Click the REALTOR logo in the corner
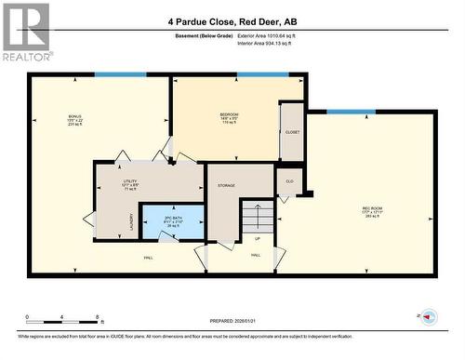pyautogui.click(x=25, y=32)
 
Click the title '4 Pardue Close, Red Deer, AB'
pyautogui.click(x=232, y=20)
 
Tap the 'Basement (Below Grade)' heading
pyautogui.click(x=204, y=35)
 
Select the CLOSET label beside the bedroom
pyautogui.click(x=292, y=132)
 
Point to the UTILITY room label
pyautogui.click(x=130, y=183)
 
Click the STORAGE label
pyautogui.click(x=226, y=186)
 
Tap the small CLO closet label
pyautogui.click(x=289, y=180)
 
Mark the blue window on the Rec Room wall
pyautogui.click(x=351, y=112)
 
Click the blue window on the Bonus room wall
pyautogui.click(x=120, y=75)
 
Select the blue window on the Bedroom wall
pyautogui.click(x=262, y=75)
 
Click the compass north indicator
pyautogui.click(x=429, y=317)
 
